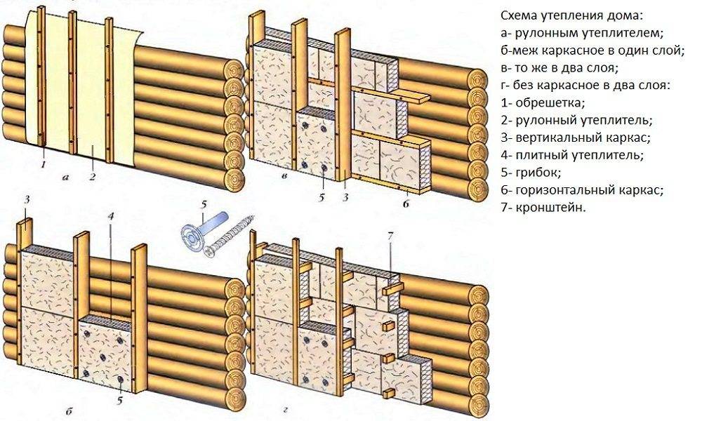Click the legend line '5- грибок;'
pos(530,172)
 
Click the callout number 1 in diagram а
pos(44,166)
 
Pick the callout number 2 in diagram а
pos(92,175)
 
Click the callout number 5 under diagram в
pos(321,197)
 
